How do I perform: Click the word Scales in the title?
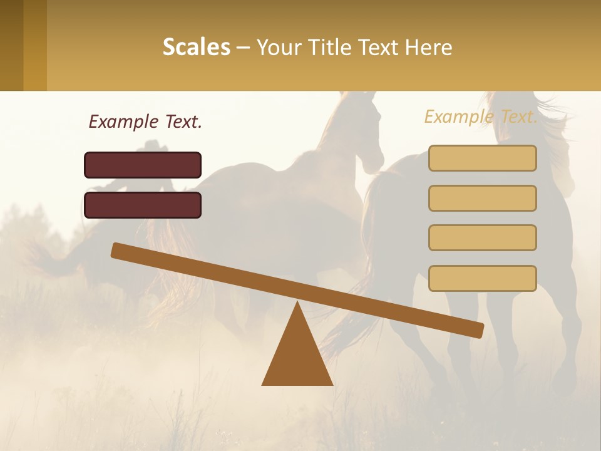pos(196,47)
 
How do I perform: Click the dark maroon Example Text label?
pos(145,122)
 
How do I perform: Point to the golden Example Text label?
pos(481,117)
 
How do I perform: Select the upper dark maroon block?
pos(143,165)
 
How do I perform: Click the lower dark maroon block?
pos(143,205)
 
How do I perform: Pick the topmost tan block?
pos(482,158)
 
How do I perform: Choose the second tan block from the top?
pos(482,198)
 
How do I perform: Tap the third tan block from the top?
pos(482,237)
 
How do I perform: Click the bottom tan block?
pos(482,278)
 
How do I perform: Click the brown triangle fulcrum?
pos(297,357)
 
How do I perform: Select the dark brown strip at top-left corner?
pos(11,45)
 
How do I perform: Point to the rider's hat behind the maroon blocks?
pos(153,147)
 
